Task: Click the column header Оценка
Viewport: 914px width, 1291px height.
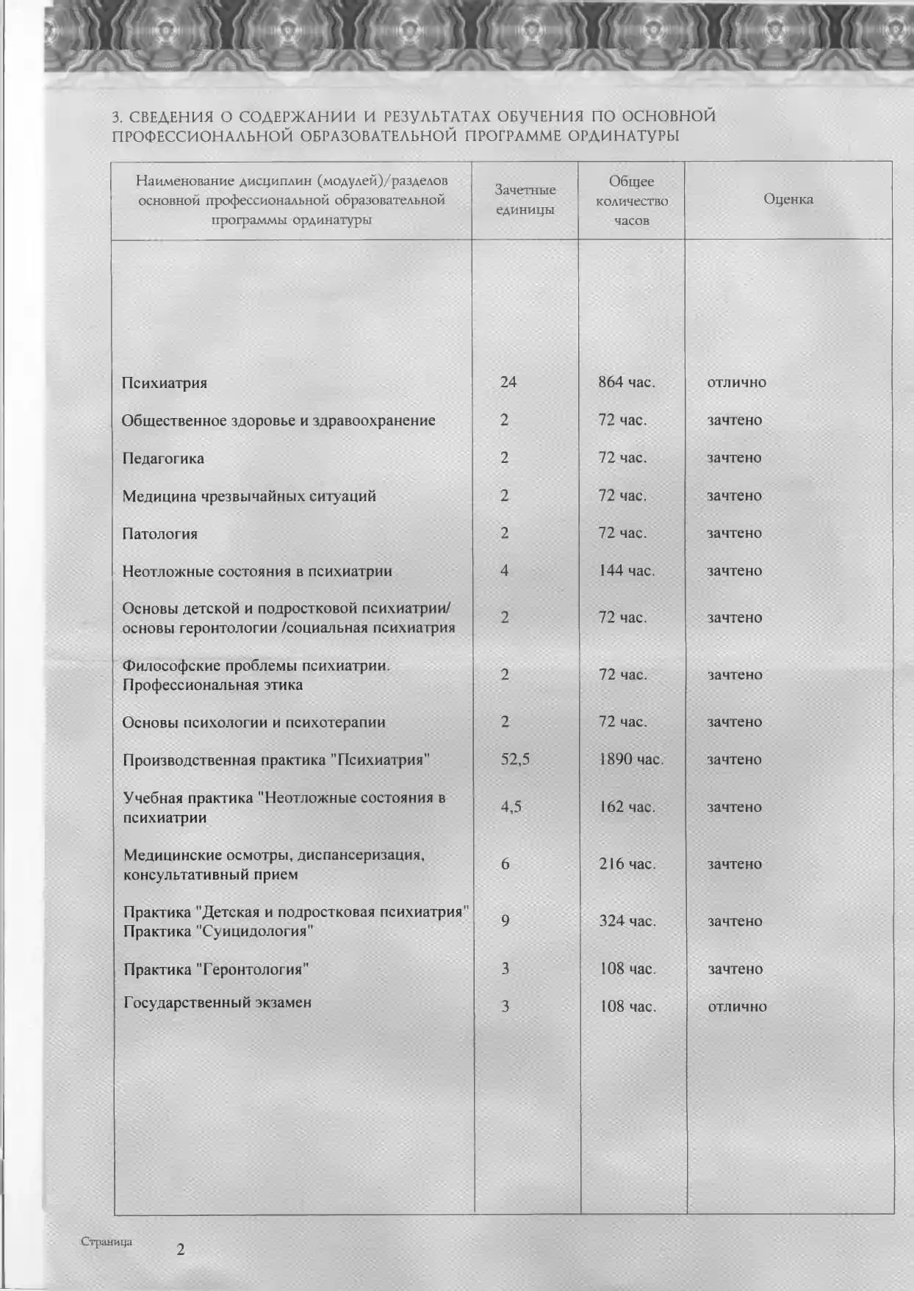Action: [x=788, y=199]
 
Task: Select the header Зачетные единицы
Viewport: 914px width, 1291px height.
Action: [x=525, y=200]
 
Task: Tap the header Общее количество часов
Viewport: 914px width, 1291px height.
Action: [x=631, y=201]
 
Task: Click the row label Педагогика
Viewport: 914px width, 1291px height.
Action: [x=163, y=458]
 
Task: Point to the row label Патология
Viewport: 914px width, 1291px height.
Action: [x=159, y=534]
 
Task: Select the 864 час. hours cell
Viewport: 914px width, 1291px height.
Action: [x=626, y=382]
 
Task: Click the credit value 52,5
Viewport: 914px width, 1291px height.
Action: [x=515, y=759]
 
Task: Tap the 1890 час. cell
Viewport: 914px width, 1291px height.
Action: [x=630, y=759]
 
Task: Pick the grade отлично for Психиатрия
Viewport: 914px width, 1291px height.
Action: [x=736, y=382]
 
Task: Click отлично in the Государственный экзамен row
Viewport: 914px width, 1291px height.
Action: [x=737, y=1007]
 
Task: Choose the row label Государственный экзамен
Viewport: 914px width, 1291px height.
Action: [x=217, y=1002]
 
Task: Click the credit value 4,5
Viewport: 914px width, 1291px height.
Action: [x=511, y=807]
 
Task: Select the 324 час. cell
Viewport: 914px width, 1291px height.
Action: [x=627, y=921]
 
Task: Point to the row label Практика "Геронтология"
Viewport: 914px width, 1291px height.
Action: [x=216, y=969]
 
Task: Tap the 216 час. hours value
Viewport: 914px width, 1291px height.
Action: [x=627, y=864]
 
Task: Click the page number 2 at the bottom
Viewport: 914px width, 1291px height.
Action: [x=181, y=1249]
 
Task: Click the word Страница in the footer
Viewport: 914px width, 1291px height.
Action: [x=107, y=1242]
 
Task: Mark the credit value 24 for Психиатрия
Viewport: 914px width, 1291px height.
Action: [x=508, y=382]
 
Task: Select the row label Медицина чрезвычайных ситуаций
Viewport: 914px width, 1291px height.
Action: [x=249, y=496]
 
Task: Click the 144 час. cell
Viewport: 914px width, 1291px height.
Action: [x=626, y=571]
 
